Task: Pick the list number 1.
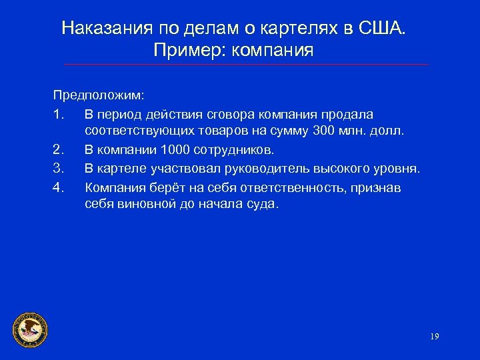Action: tap(58, 115)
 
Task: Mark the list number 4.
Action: tap(58, 188)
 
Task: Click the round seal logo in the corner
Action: tap(31, 329)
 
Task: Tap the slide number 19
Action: tap(434, 336)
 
